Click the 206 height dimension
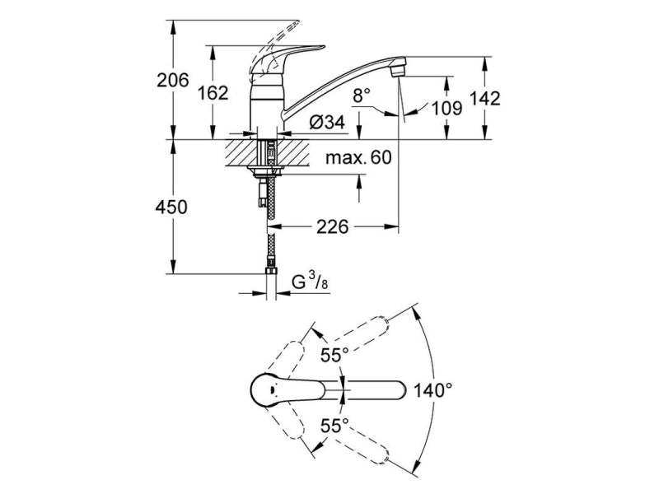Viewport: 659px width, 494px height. pyautogui.click(x=173, y=80)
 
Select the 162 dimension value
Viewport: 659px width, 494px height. pyautogui.click(x=213, y=93)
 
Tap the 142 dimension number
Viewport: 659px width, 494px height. pyautogui.click(x=485, y=98)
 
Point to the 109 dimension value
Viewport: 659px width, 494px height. pyautogui.click(x=447, y=109)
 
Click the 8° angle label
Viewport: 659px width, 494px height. pyautogui.click(x=362, y=96)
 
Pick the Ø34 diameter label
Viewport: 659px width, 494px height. pyautogui.click(x=327, y=122)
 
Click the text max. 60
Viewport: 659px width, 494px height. pyautogui.click(x=358, y=157)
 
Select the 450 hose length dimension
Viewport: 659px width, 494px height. pyautogui.click(x=171, y=207)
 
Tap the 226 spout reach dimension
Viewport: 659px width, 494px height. pyautogui.click(x=333, y=227)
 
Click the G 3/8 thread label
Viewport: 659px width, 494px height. pyautogui.click(x=311, y=281)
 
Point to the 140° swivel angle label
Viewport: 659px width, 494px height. pyautogui.click(x=433, y=390)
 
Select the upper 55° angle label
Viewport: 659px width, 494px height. pyautogui.click(x=334, y=356)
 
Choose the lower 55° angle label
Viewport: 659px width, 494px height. pyautogui.click(x=334, y=426)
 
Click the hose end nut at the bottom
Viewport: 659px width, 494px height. pyautogui.click(x=272, y=269)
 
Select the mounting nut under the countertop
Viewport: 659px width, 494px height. pyautogui.click(x=265, y=170)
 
